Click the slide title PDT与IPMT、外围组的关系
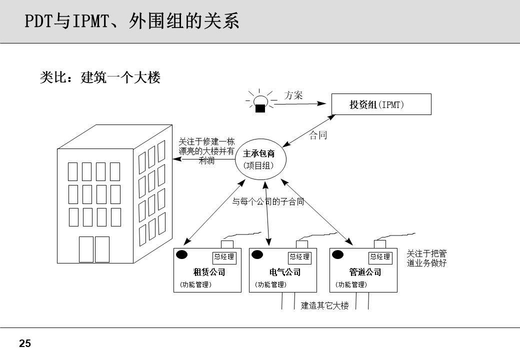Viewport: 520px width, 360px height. pos(132,22)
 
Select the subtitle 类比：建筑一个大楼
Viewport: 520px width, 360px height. pos(100,78)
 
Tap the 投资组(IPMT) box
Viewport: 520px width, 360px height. pos(381,105)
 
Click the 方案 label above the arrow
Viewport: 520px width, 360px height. pos(293,95)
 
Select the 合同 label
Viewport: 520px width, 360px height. pos(318,135)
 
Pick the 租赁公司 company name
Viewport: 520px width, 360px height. pos(209,272)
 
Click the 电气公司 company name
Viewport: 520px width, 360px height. pos(284,272)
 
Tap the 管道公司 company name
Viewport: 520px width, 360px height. pos(365,272)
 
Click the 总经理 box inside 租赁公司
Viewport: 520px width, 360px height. pos(224,257)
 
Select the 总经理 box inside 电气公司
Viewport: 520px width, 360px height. pos(299,257)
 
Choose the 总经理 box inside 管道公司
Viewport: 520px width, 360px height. pos(380,257)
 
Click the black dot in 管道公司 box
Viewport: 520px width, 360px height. pos(338,254)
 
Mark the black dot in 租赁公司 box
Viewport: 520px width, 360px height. pos(181,254)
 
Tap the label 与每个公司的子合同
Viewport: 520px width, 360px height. pos(268,202)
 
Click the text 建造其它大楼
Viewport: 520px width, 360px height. pos(324,306)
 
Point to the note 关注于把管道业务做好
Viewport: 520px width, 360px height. pos(426,258)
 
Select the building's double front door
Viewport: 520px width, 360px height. pos(94,249)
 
